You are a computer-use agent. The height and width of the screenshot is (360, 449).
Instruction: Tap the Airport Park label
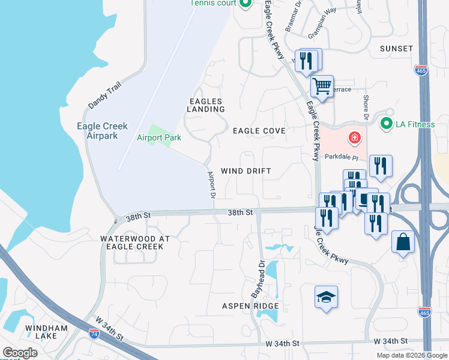click(159, 138)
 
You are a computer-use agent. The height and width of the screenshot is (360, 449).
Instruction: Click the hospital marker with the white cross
click(355, 139)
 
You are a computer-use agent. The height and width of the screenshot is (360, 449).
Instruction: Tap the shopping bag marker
click(403, 243)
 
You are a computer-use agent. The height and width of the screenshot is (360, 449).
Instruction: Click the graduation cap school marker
click(326, 297)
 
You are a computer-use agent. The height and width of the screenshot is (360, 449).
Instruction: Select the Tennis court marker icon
click(245, 4)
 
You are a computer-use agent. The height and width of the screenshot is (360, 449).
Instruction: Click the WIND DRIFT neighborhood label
click(246, 171)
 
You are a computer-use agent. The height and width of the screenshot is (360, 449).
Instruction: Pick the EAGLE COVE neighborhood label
click(259, 130)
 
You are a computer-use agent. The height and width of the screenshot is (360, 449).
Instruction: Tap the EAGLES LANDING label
click(206, 106)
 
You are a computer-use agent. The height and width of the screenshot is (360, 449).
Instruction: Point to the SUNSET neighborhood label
click(396, 48)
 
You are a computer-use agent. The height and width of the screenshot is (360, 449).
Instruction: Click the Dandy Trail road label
click(104, 96)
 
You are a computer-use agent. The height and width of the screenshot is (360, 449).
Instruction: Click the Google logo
click(20, 353)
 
